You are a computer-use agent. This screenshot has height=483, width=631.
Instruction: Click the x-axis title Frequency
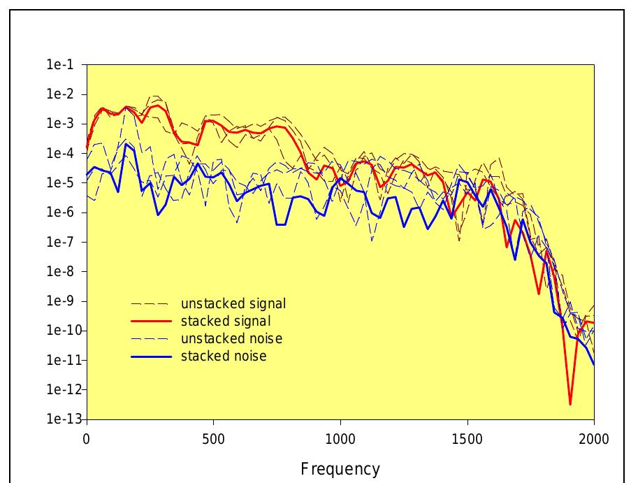[x=340, y=468]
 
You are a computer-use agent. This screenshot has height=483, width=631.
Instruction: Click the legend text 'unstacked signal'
[x=233, y=304]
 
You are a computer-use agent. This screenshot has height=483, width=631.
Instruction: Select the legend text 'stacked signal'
[x=226, y=322]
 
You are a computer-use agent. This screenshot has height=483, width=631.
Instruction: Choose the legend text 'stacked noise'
[x=224, y=356]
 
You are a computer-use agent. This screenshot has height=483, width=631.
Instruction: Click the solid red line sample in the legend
[x=151, y=322]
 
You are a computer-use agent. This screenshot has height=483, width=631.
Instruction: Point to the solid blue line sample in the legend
[x=151, y=356]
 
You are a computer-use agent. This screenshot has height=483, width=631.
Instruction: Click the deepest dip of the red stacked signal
[x=570, y=403]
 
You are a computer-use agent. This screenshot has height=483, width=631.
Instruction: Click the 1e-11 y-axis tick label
[x=62, y=360]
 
